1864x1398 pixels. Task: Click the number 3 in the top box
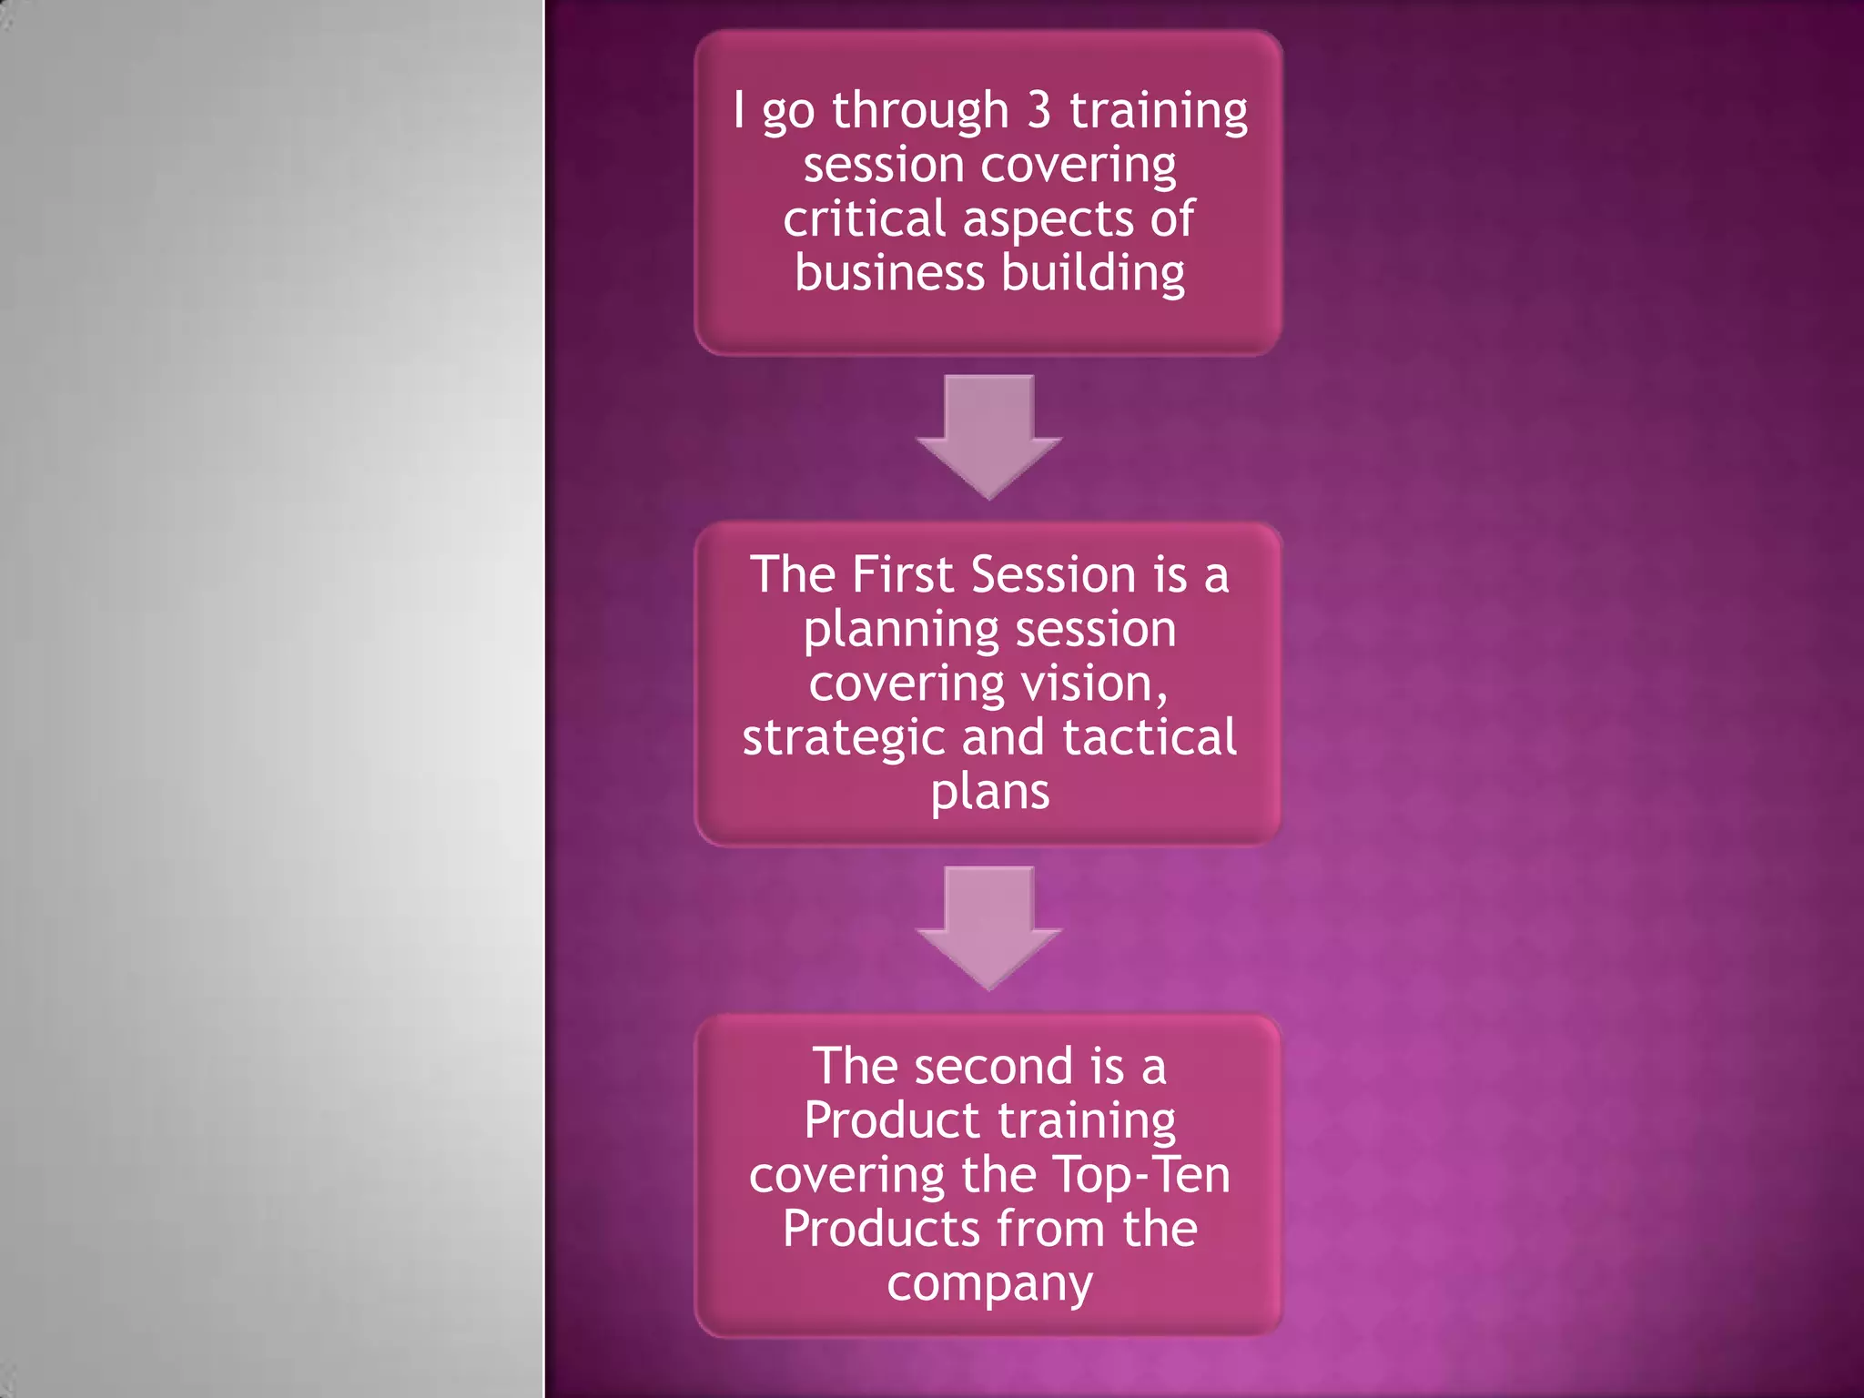click(x=1038, y=110)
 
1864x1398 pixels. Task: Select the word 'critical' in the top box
click(x=865, y=219)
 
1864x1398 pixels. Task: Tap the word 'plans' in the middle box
click(x=989, y=793)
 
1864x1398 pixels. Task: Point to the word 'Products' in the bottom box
click(x=880, y=1229)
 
